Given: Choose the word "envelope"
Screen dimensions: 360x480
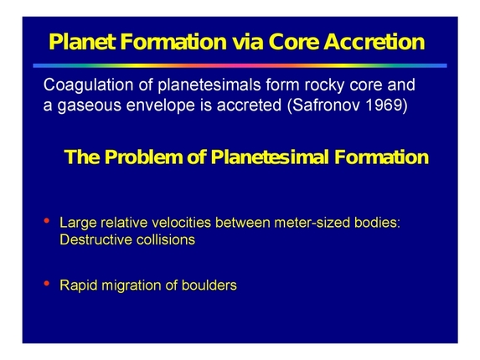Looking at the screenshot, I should (x=157, y=108).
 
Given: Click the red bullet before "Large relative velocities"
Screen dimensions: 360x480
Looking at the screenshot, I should (x=46, y=221).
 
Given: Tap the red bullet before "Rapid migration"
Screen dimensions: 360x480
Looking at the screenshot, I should (x=46, y=284).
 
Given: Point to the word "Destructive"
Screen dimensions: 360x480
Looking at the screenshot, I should (x=94, y=239).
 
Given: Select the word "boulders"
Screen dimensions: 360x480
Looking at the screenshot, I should (x=208, y=285).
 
